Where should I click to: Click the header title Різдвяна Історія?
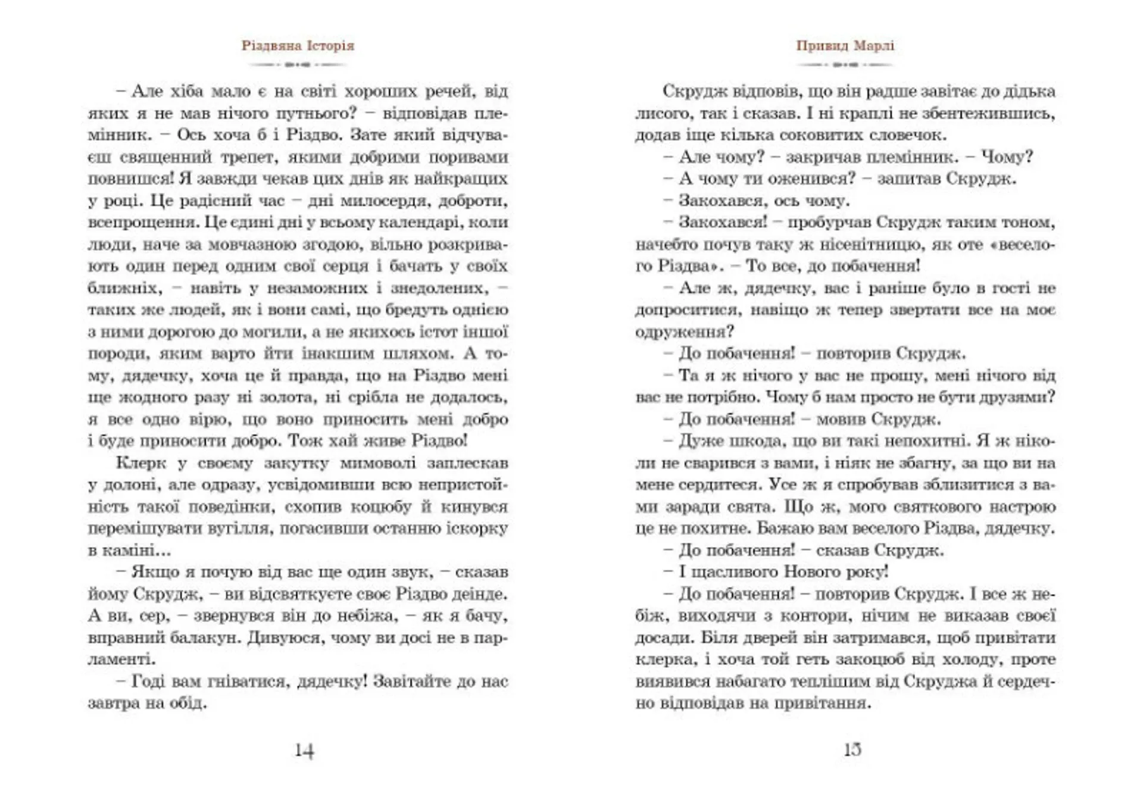pyautogui.click(x=298, y=46)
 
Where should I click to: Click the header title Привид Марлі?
pyautogui.click(x=845, y=46)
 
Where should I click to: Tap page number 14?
pyautogui.click(x=304, y=751)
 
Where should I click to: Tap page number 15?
pyautogui.click(x=852, y=749)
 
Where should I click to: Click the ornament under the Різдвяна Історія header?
pyautogui.click(x=298, y=64)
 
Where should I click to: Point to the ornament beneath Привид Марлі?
pyautogui.click(x=845, y=64)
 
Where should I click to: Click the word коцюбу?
pyautogui.click(x=381, y=507)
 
